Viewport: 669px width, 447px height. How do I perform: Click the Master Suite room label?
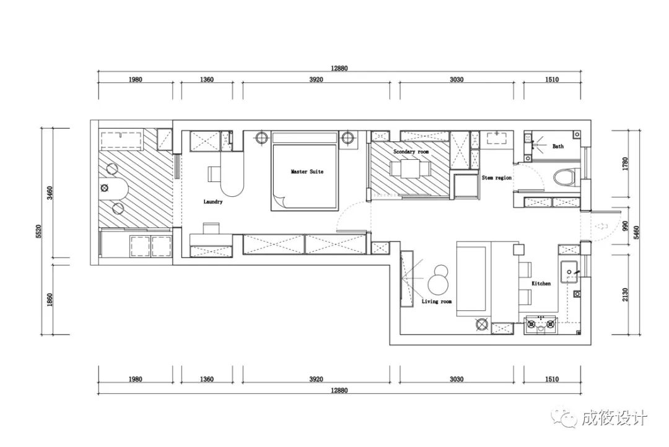pyautogui.click(x=307, y=171)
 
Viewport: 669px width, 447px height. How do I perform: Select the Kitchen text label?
pyautogui.click(x=541, y=283)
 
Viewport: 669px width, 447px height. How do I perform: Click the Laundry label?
pyautogui.click(x=213, y=202)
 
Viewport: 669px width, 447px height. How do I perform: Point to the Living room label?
pyautogui.click(x=437, y=301)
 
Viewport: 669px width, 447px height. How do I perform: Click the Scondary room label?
pyautogui.click(x=411, y=152)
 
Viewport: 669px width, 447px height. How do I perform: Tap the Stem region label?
pyautogui.click(x=497, y=178)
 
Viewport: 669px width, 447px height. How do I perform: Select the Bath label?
pyautogui.click(x=558, y=146)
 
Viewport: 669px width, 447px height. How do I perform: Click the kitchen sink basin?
pyautogui.click(x=570, y=271)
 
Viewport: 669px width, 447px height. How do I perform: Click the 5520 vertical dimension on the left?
pyautogui.click(x=39, y=231)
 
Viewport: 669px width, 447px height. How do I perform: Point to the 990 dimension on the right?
pyautogui.click(x=625, y=226)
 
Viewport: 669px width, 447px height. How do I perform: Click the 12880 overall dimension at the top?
pyautogui.click(x=339, y=68)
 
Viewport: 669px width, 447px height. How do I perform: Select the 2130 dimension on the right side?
pyautogui.click(x=625, y=294)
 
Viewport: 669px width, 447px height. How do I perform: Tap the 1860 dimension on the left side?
pyautogui.click(x=50, y=300)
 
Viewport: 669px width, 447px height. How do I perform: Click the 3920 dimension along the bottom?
pyautogui.click(x=316, y=379)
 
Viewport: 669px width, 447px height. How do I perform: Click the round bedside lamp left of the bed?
pyautogui.click(x=261, y=138)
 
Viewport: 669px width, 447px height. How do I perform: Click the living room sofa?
pyautogui.click(x=473, y=279)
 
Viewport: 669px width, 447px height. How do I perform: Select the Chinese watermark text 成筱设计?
pyautogui.click(x=614, y=417)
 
